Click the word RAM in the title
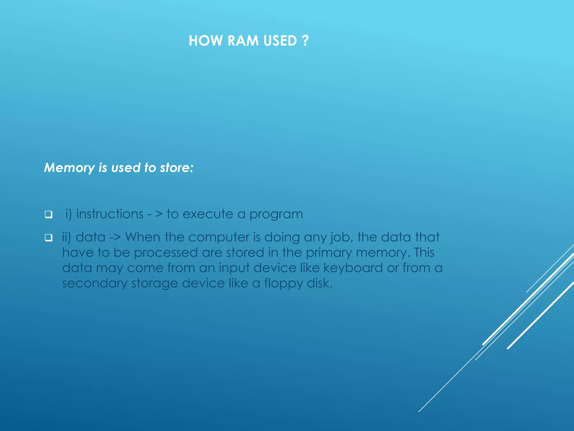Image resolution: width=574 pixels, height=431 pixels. [x=243, y=41]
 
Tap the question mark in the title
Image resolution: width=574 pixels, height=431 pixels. [x=305, y=41]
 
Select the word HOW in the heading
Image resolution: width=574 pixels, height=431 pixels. [x=206, y=41]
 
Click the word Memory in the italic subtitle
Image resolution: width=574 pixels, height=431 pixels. [x=70, y=168]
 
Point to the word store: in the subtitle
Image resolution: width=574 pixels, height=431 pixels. [x=177, y=168]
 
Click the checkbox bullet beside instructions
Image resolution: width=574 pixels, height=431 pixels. [x=48, y=215]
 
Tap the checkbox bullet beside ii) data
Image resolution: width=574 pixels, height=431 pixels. [x=48, y=238]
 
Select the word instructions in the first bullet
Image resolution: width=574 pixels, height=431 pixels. [x=110, y=214]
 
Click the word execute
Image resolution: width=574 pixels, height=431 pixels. [x=208, y=214]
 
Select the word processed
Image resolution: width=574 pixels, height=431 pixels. [x=166, y=253]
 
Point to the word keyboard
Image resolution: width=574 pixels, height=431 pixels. [x=353, y=268]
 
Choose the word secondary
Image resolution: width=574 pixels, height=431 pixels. [x=94, y=284]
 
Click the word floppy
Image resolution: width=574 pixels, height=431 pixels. [x=283, y=284]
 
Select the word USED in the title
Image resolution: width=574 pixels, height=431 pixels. [x=280, y=41]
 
